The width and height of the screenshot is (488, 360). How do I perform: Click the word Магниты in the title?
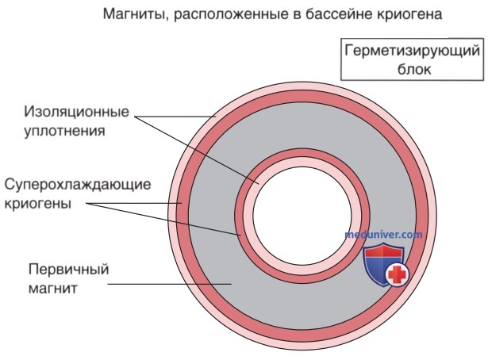click(134, 14)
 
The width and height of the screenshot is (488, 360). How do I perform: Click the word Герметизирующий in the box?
click(412, 51)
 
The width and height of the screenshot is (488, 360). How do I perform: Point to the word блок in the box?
click(414, 69)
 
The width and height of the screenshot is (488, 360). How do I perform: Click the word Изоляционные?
click(76, 111)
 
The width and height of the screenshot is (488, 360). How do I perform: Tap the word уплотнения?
click(65, 131)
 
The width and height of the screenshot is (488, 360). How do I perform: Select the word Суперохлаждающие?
click(78, 185)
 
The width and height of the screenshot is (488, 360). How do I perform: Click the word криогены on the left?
click(37, 204)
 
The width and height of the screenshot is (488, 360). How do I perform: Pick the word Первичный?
click(69, 270)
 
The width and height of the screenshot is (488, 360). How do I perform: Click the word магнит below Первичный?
click(52, 289)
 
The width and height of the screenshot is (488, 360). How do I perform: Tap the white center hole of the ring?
click(302, 216)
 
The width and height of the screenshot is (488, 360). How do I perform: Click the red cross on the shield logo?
click(397, 274)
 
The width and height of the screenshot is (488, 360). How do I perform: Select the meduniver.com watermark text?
click(384, 234)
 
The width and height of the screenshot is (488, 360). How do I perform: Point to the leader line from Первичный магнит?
click(170, 284)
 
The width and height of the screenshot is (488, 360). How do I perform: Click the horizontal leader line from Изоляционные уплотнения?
click(175, 117)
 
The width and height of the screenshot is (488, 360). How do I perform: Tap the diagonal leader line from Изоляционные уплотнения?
click(197, 150)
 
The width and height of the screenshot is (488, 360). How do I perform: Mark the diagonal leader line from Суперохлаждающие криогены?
click(163, 219)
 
